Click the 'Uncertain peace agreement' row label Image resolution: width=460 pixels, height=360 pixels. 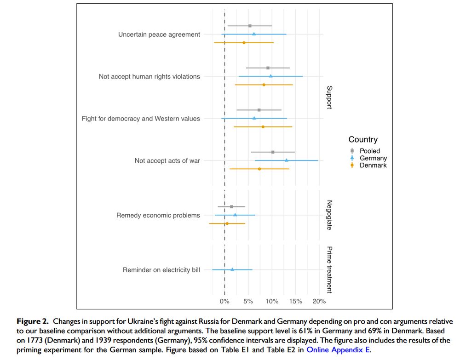pyautogui.click(x=159, y=34)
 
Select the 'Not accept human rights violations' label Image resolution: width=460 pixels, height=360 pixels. pyautogui.click(x=149, y=77)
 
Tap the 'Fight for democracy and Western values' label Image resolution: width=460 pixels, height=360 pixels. pyautogui.click(x=141, y=119)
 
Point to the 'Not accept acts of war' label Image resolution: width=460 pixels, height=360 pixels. pyautogui.click(x=167, y=161)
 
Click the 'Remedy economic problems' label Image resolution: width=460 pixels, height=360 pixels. pyautogui.click(x=158, y=215)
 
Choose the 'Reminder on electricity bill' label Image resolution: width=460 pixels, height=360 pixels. pyautogui.click(x=161, y=270)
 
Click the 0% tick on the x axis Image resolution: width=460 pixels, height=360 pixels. pyautogui.click(x=224, y=302)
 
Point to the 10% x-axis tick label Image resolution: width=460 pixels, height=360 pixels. pyautogui.click(x=272, y=302)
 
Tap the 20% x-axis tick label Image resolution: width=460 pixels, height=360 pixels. pyautogui.click(x=319, y=302)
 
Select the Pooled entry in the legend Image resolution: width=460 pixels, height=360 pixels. pyautogui.click(x=369, y=151)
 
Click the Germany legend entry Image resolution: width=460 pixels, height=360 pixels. pyautogui.click(x=373, y=158)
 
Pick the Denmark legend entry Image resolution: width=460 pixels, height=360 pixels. pyautogui.click(x=373, y=166)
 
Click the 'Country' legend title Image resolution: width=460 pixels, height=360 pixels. pyautogui.click(x=363, y=140)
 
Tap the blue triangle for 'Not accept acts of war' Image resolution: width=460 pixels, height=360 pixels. pyautogui.click(x=287, y=160)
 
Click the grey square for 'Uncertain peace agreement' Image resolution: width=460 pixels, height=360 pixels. pyautogui.click(x=250, y=26)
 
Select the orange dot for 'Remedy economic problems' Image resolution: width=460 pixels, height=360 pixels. pyautogui.click(x=227, y=223)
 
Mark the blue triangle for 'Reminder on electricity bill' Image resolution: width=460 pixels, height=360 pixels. pyautogui.click(x=232, y=269)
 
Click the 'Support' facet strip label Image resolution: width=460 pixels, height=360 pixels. pyautogui.click(x=329, y=97)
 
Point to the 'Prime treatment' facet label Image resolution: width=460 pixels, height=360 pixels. pyautogui.click(x=329, y=269)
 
